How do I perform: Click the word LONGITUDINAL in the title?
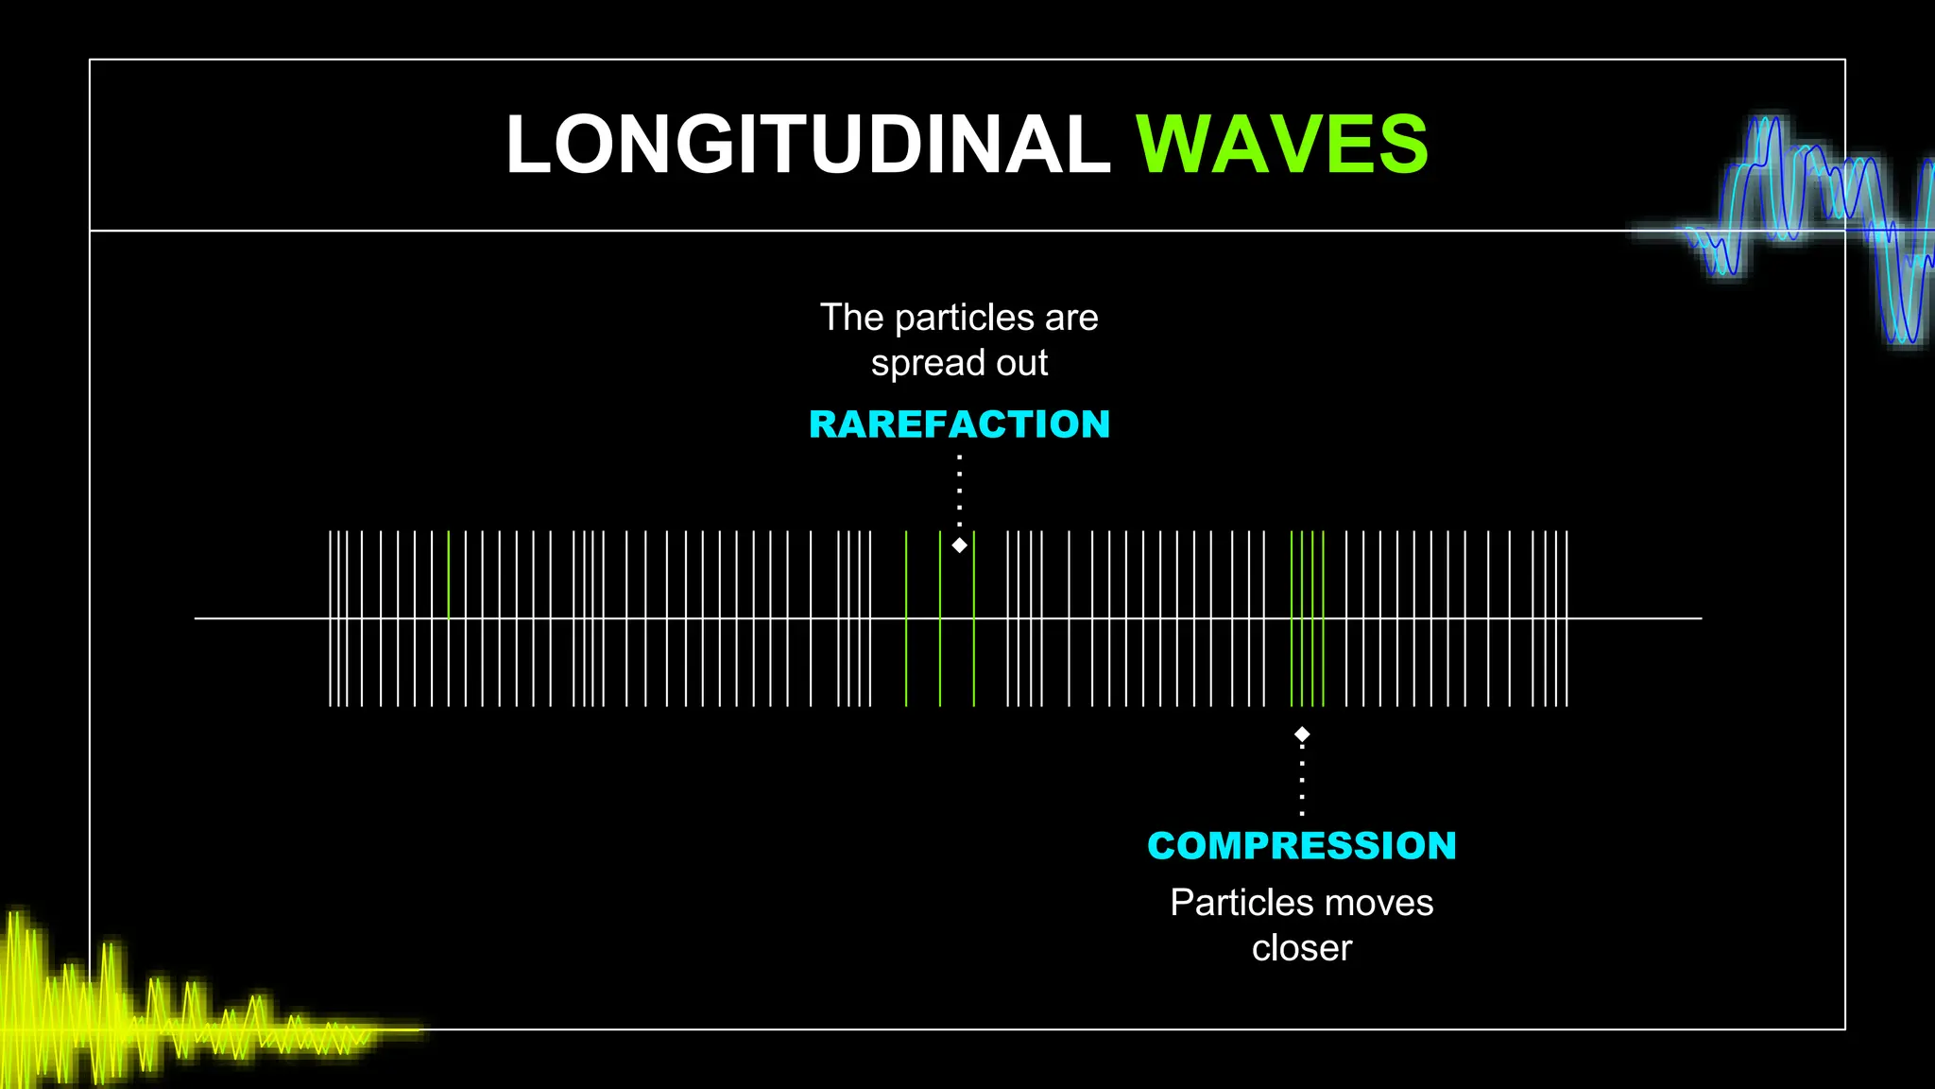coord(808,145)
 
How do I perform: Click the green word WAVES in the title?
coord(1281,145)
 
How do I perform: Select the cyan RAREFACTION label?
coord(959,424)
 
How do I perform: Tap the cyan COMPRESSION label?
coord(1301,845)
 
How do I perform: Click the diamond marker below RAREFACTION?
coord(959,545)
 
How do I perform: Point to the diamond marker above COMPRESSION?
coord(1302,735)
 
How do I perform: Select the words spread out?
coord(959,363)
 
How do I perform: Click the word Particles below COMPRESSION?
coord(1228,903)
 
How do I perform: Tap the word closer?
coord(1301,948)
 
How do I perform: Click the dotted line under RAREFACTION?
coord(959,492)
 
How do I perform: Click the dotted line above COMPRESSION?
coord(1302,780)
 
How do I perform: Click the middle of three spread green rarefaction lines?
coord(940,662)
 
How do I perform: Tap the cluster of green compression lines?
coord(1308,662)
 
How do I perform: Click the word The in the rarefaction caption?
coord(851,318)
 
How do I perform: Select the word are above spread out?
coord(1071,318)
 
